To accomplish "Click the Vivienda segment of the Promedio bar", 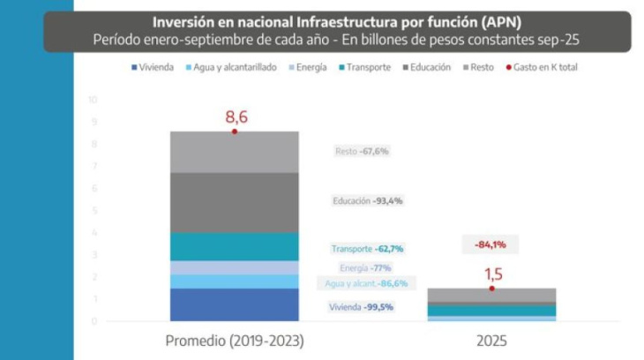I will pos(234,304).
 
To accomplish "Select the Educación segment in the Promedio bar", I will pos(234,202).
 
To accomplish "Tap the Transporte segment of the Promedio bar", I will pos(234,246).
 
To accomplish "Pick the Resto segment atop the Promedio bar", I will pos(234,152).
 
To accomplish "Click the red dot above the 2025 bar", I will pos(491,289).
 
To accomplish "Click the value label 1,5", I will pos(491,274).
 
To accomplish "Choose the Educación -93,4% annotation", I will pos(367,200).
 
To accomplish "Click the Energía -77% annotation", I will pos(364,267).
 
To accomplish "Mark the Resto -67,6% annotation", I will pos(362,152).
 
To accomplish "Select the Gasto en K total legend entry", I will pos(543,67).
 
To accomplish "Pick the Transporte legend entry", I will pos(364,67).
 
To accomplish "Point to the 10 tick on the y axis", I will pos(93,99).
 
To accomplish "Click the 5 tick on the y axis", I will pos(94,210).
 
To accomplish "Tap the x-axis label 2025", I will pos(491,341).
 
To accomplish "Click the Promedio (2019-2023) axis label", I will pos(234,341).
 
